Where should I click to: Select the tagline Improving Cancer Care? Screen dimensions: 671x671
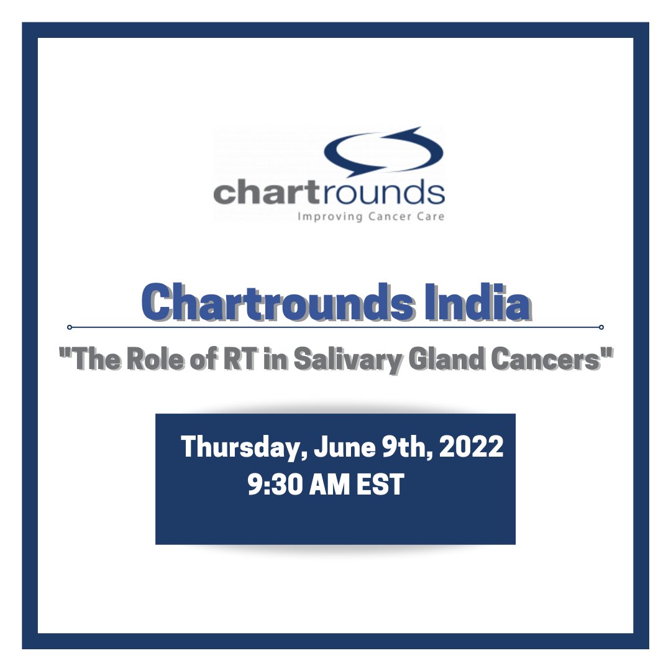(x=371, y=217)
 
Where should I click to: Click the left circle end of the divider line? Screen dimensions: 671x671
(x=70, y=327)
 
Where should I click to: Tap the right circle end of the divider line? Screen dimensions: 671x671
(x=601, y=327)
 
